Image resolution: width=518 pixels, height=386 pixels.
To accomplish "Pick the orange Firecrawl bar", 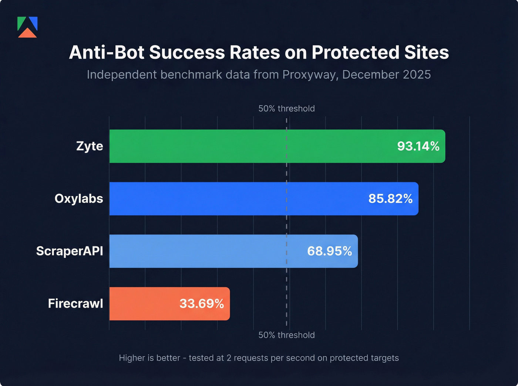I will coord(144,304).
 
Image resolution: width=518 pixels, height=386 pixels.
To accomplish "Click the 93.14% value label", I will coord(418,146).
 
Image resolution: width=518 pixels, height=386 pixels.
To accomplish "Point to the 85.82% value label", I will coord(390,199).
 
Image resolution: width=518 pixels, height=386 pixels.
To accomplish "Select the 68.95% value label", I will coord(329,251).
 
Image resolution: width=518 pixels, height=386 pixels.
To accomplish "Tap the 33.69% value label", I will coord(202,304).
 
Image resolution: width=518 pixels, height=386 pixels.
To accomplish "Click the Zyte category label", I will coord(90,146).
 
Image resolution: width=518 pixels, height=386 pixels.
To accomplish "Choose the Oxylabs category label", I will coord(79,199).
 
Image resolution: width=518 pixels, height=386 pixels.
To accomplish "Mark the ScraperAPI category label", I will coord(70,251).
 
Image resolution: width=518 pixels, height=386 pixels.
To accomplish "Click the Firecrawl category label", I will coord(75,304).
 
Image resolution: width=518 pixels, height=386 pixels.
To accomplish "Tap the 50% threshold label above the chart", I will coord(286,109).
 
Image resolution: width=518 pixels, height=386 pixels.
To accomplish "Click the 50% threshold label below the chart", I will coord(286,335).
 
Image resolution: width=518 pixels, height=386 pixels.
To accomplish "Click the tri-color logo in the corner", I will coord(27,27).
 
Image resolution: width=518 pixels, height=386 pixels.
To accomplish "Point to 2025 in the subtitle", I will coord(417,75).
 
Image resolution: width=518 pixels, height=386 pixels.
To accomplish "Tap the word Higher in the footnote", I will coord(130,358).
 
